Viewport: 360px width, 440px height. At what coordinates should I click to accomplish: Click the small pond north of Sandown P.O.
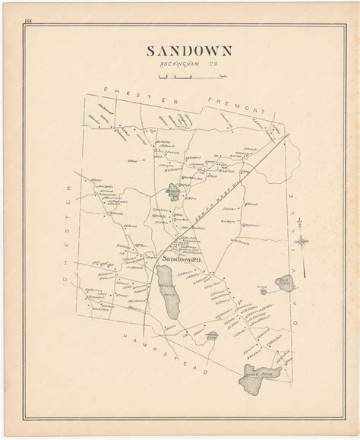point(174,191)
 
